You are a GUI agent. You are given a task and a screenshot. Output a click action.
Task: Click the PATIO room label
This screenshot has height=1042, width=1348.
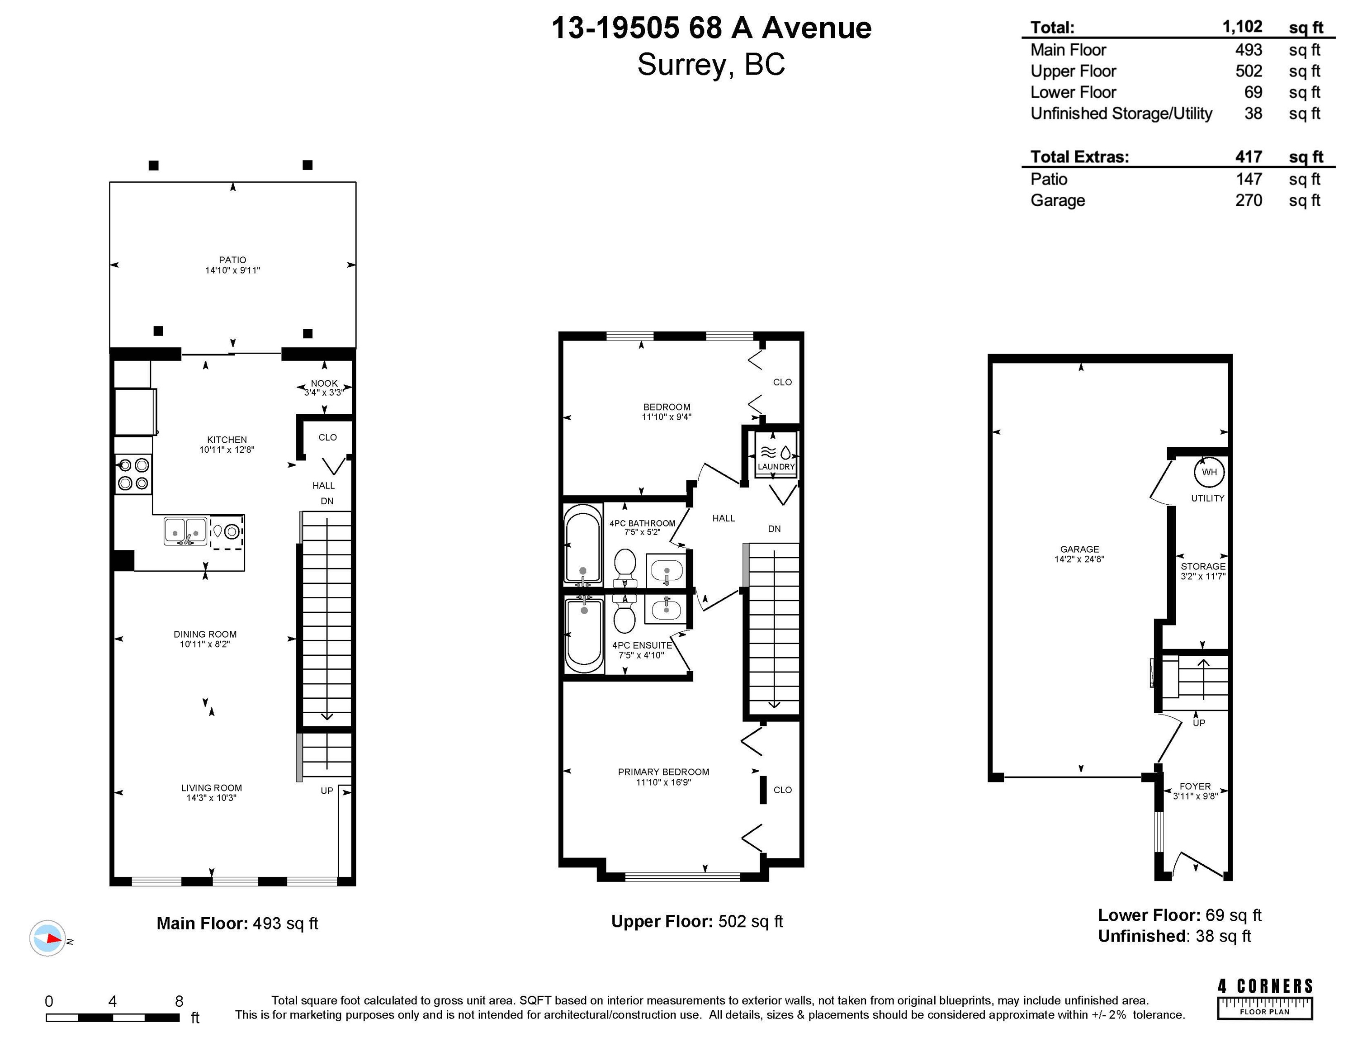point(233,260)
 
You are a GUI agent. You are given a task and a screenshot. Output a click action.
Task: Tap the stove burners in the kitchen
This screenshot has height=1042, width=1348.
point(133,474)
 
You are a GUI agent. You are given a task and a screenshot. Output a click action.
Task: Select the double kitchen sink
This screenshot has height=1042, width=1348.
point(185,531)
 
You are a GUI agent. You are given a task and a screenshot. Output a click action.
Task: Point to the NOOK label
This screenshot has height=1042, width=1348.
point(324,384)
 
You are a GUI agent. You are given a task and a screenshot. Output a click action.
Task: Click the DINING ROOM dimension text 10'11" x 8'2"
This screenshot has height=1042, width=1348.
point(205,644)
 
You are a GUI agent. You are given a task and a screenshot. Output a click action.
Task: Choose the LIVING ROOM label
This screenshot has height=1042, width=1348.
point(212,788)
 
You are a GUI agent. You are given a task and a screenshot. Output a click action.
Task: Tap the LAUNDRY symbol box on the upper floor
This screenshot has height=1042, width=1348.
point(776,455)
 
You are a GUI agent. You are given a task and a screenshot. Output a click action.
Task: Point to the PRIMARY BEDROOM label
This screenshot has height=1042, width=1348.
point(663,772)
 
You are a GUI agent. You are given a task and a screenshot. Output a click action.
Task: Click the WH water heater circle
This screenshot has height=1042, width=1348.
point(1209,472)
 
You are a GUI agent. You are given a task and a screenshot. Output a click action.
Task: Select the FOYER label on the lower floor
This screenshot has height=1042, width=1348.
point(1195,786)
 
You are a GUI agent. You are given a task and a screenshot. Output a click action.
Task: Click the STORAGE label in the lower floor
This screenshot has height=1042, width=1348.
point(1203,566)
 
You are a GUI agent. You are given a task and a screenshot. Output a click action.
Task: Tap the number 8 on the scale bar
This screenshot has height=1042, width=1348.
point(179,1001)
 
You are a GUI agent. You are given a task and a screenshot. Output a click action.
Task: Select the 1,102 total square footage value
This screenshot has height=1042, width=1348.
point(1243,27)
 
